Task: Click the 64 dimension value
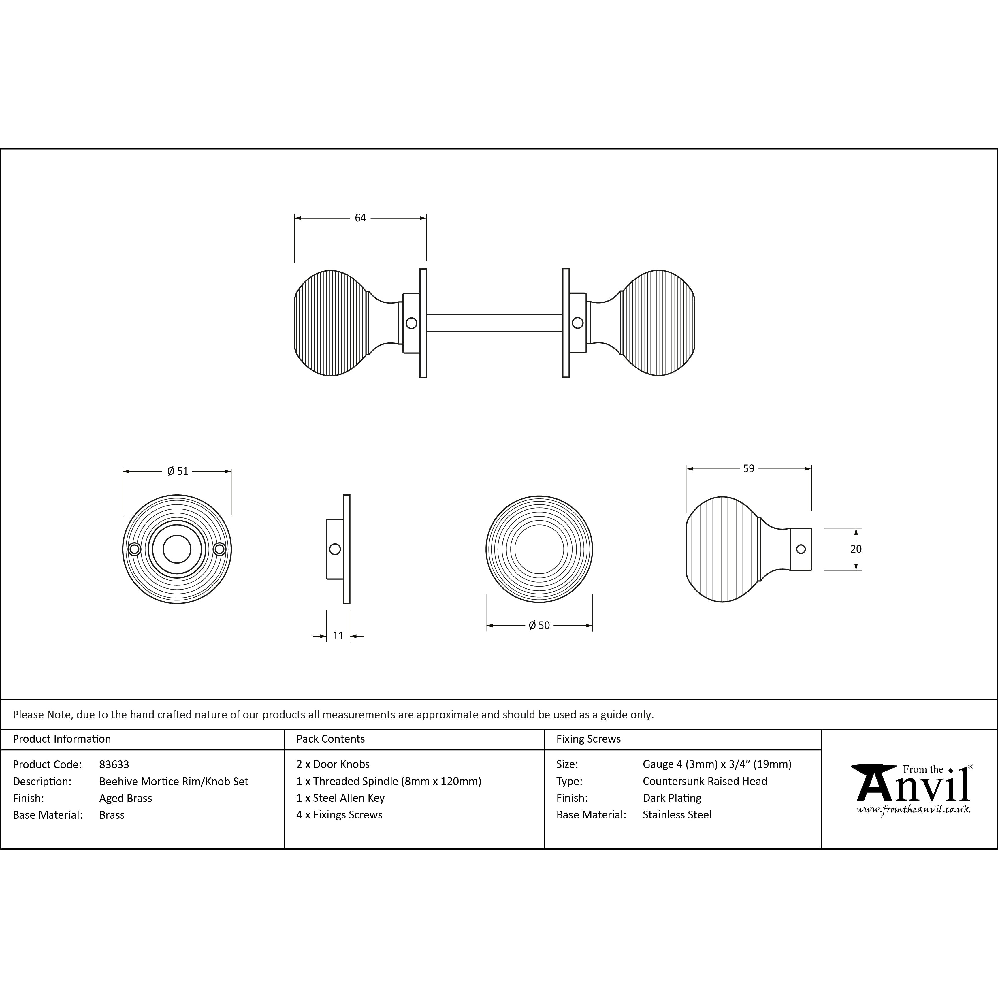coord(360,218)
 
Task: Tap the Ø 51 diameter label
coord(178,471)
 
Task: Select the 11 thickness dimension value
coord(338,636)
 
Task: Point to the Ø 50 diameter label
coord(539,626)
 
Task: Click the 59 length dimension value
coord(748,468)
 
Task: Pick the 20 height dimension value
coord(856,549)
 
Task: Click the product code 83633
coord(114,764)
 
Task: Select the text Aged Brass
coord(125,798)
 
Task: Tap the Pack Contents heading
coord(331,739)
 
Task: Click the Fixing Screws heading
coord(588,739)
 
